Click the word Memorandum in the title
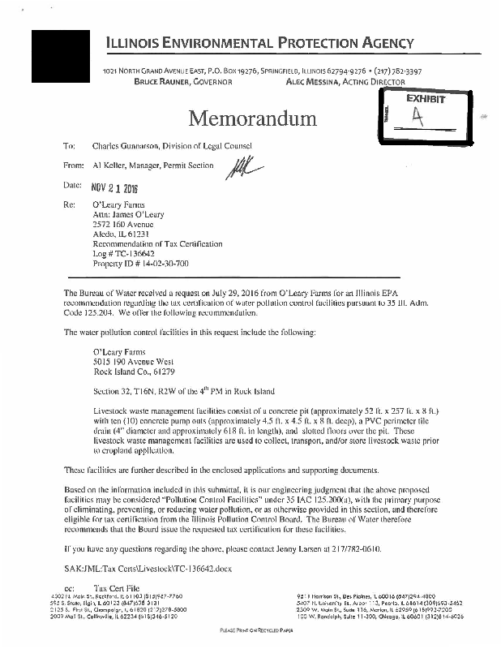(251, 119)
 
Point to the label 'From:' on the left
(73, 165)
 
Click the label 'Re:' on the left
(69, 205)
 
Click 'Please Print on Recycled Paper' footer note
(250, 630)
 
